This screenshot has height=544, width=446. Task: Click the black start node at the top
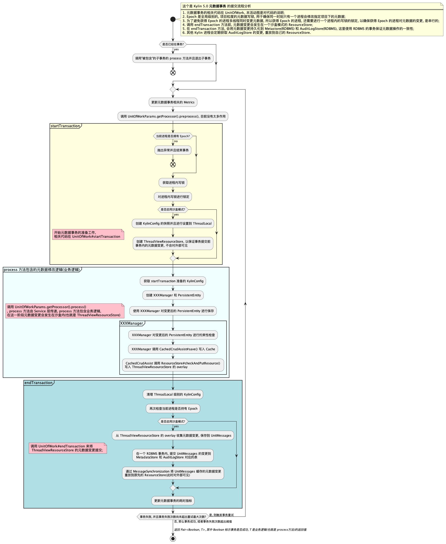[x=173, y=19]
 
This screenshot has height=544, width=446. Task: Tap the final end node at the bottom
[x=173, y=539]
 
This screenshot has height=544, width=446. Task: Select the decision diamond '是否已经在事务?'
[x=173, y=45]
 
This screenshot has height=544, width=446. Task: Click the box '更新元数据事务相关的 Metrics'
[x=173, y=102]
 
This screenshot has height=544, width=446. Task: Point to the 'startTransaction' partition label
[x=65, y=126]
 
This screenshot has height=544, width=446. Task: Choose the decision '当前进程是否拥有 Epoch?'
[x=173, y=136]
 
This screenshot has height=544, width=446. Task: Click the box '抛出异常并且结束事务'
[x=173, y=150]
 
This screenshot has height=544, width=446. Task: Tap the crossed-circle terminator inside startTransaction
[x=173, y=164]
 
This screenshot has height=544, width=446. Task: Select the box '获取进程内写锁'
[x=173, y=183]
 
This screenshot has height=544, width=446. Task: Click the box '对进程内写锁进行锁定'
[x=173, y=197]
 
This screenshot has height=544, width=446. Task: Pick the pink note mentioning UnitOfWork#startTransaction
[x=88, y=235]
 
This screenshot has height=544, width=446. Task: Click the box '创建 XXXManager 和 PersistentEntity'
[x=173, y=295]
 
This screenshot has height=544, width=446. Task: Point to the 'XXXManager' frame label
[x=131, y=323]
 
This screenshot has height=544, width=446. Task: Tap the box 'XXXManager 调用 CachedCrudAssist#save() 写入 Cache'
[x=173, y=349]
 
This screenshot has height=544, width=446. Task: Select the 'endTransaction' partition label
[x=38, y=383]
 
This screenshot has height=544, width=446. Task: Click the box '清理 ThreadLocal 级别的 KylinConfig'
[x=173, y=395]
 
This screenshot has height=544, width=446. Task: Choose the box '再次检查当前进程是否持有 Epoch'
[x=173, y=409]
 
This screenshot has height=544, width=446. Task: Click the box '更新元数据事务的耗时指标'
[x=173, y=501]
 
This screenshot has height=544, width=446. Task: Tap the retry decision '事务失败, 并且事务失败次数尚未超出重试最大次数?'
[x=173, y=517]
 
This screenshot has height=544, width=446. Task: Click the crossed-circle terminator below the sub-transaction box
[x=173, y=73]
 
